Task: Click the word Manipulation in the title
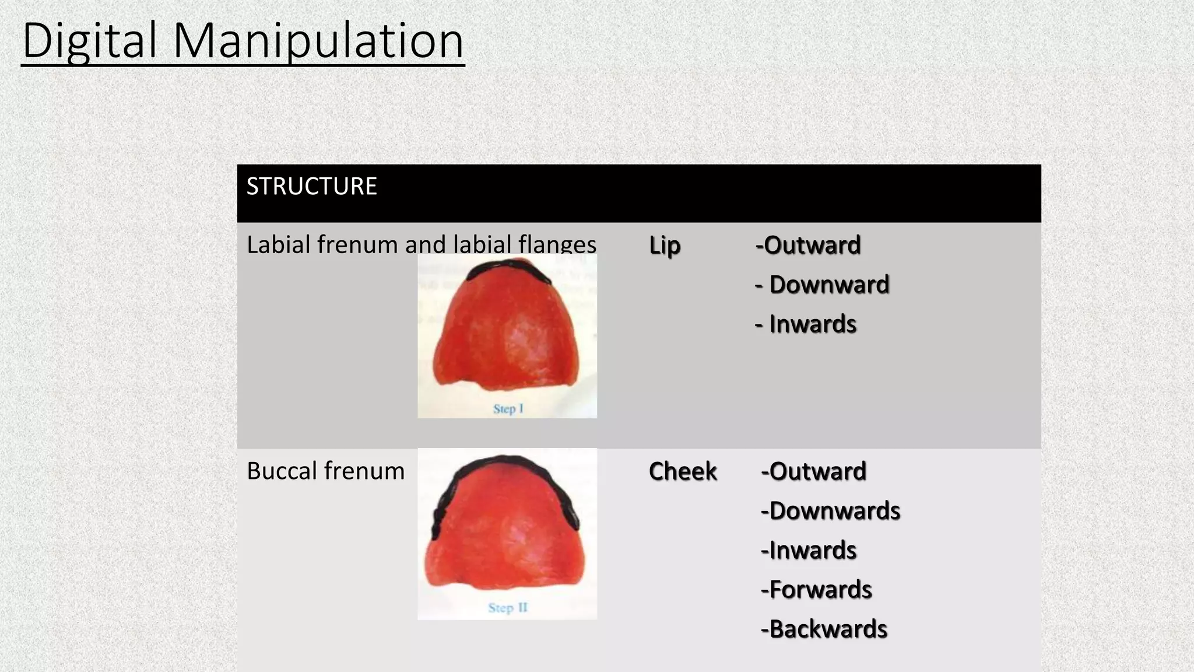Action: pyautogui.click(x=318, y=41)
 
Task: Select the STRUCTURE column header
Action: pyautogui.click(x=311, y=187)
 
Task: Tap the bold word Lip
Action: pyautogui.click(x=665, y=246)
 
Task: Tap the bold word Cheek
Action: pyautogui.click(x=683, y=471)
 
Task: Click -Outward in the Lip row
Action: pyautogui.click(x=808, y=246)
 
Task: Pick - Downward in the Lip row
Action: pyautogui.click(x=822, y=285)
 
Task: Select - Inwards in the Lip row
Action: pyautogui.click(x=806, y=324)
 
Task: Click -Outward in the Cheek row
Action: pyautogui.click(x=814, y=471)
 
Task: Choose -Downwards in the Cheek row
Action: pyautogui.click(x=831, y=511)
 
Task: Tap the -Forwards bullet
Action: pyautogui.click(x=816, y=590)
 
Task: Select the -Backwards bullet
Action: pyautogui.click(x=824, y=629)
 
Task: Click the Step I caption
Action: pyautogui.click(x=508, y=409)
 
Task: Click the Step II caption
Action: pyautogui.click(x=508, y=608)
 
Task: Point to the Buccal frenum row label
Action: pyautogui.click(x=325, y=471)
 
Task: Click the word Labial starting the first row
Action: pyautogui.click(x=278, y=245)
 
